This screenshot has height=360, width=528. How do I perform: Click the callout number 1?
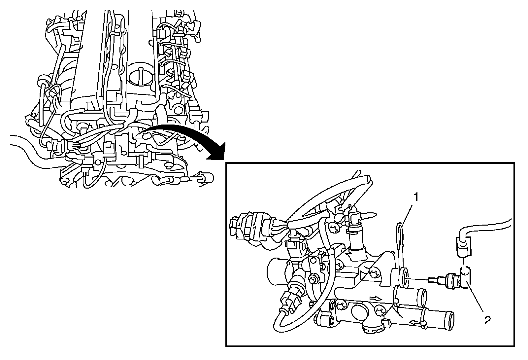point(416,197)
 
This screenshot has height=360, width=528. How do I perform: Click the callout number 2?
point(487,321)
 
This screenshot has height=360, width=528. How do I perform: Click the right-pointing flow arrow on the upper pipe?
point(376,298)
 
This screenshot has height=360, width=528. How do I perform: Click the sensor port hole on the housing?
point(405,277)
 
